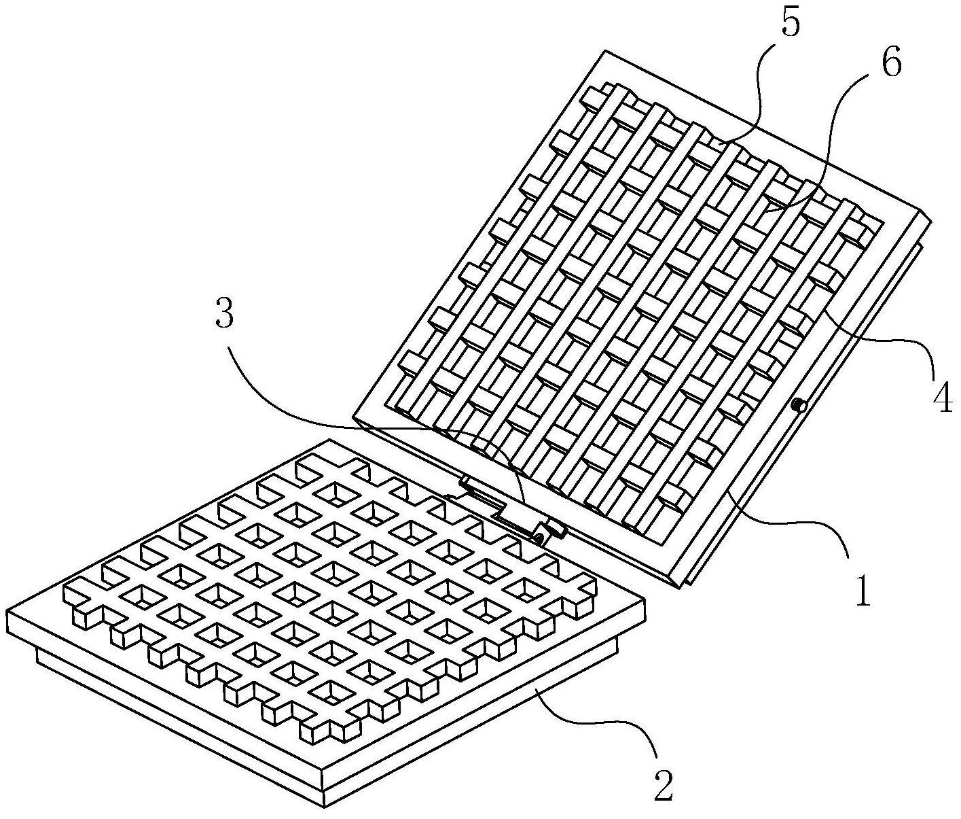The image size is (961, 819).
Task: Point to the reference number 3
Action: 225,315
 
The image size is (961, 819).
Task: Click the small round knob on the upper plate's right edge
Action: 799,406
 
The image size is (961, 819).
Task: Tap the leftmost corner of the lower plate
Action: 7,612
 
